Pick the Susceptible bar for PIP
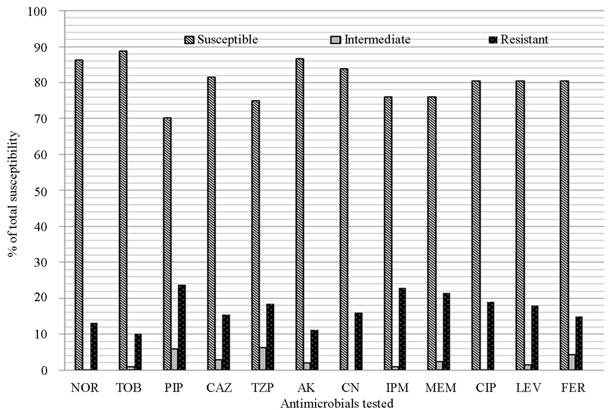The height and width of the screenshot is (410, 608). pos(167,244)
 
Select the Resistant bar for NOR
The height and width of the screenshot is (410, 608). pos(94,346)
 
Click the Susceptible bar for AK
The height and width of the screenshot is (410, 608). pos(300,214)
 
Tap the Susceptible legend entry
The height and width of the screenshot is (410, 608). pos(221,40)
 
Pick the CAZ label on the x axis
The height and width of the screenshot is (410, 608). pos(219,388)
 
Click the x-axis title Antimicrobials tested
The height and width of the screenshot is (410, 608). pos(337,403)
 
